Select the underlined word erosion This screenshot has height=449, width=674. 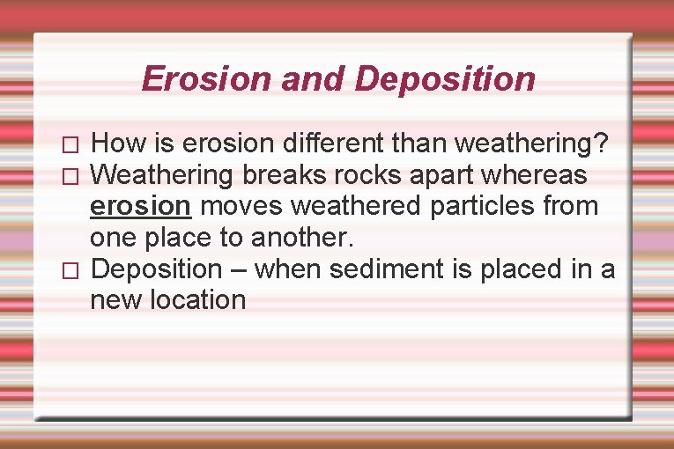pos(140,207)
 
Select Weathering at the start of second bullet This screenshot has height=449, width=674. pos(162,175)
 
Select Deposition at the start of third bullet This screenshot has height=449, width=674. pos(157,269)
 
